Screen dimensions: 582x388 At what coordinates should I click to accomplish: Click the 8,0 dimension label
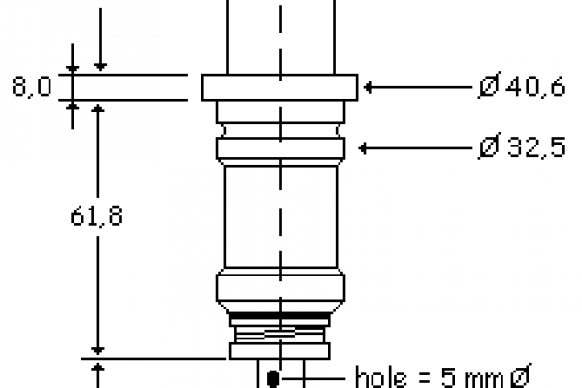click(x=32, y=86)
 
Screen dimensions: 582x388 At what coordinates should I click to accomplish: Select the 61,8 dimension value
click(x=96, y=216)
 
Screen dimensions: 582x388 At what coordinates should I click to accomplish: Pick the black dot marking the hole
click(x=274, y=378)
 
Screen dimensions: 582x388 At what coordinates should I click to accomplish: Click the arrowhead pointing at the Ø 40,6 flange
click(x=368, y=87)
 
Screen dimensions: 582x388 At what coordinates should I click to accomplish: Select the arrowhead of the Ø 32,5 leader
click(x=363, y=148)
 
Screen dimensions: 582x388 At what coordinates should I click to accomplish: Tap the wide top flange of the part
click(x=279, y=87)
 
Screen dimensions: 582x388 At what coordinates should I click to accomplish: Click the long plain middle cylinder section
click(x=281, y=216)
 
